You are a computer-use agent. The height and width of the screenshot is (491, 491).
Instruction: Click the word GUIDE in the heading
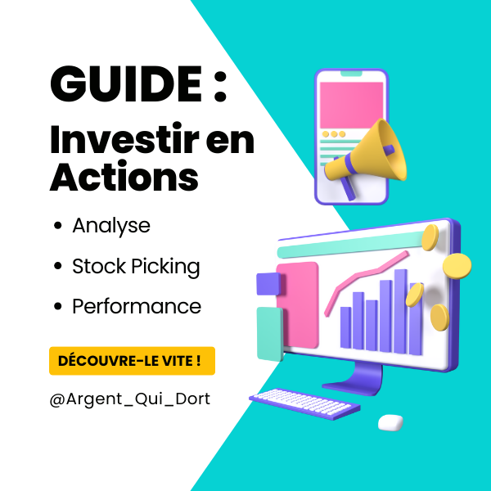point(125,83)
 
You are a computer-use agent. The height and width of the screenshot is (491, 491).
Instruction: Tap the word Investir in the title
point(124,139)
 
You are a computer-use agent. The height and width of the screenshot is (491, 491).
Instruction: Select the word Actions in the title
point(124,176)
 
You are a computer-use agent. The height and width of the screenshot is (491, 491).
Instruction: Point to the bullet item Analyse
point(111,226)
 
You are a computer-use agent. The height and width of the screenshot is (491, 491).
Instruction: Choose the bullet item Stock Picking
point(136,267)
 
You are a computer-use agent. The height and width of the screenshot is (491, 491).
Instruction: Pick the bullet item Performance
point(137,306)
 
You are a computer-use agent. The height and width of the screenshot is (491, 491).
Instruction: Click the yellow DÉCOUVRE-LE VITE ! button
point(132,361)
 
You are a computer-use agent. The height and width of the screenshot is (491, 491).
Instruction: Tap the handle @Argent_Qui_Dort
point(130,399)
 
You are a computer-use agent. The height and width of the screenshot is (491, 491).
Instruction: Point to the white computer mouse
point(390,422)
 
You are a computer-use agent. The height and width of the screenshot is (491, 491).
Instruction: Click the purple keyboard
point(304,403)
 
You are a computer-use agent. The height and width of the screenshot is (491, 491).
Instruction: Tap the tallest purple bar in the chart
point(401,312)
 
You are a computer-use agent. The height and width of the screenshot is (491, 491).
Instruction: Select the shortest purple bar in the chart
point(345,327)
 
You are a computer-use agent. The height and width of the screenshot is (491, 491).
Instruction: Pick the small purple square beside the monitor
point(269,284)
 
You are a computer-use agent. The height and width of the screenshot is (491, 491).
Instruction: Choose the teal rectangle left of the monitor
point(270,334)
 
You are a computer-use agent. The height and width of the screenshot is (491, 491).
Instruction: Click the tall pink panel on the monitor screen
point(298,305)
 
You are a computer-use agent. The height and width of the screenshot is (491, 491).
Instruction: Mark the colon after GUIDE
point(220,85)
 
